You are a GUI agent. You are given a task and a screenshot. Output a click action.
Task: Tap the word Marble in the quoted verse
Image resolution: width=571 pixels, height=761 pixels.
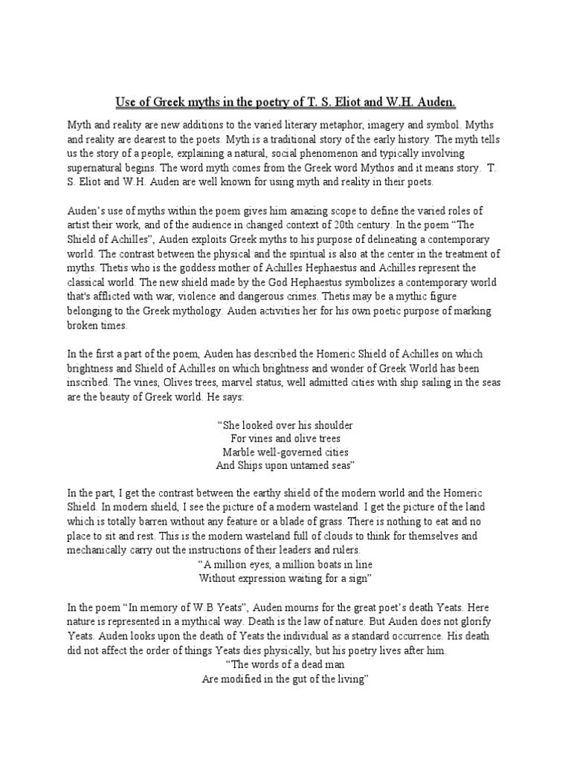[x=239, y=452]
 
